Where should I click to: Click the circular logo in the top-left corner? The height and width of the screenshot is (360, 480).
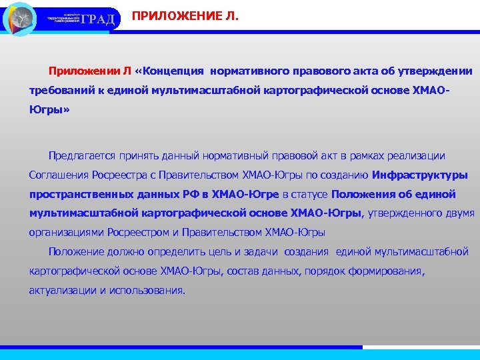[x=20, y=19]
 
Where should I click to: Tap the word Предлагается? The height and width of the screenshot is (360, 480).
[x=81, y=155]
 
